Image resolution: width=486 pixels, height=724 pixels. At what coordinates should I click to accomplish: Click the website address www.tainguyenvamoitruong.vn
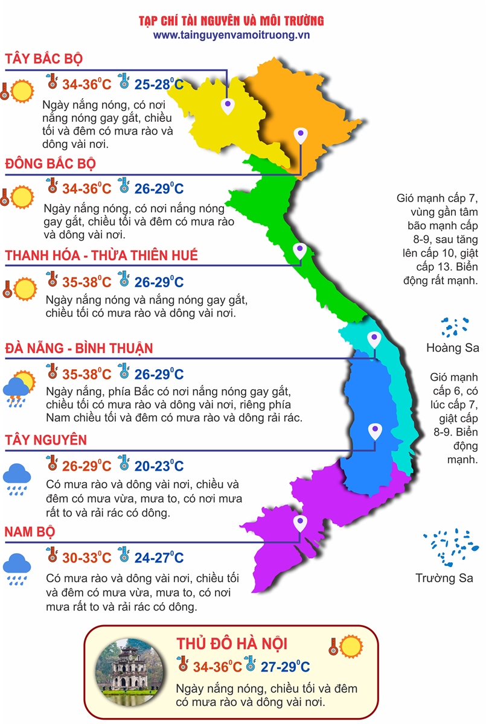(231, 36)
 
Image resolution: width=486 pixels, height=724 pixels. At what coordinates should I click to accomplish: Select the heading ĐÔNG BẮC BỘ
(51, 164)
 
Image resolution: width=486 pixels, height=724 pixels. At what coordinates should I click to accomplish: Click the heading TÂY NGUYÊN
(46, 440)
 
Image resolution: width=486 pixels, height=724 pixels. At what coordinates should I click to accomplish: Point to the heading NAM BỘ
(30, 532)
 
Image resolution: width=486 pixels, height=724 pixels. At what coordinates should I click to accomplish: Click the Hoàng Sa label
(452, 348)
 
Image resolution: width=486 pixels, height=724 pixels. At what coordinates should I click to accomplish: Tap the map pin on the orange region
(301, 136)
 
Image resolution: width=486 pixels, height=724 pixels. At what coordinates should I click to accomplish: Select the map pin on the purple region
(298, 522)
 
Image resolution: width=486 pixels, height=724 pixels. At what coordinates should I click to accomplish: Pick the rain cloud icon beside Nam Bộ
(17, 569)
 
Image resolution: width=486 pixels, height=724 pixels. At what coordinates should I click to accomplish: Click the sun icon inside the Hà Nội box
(351, 646)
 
